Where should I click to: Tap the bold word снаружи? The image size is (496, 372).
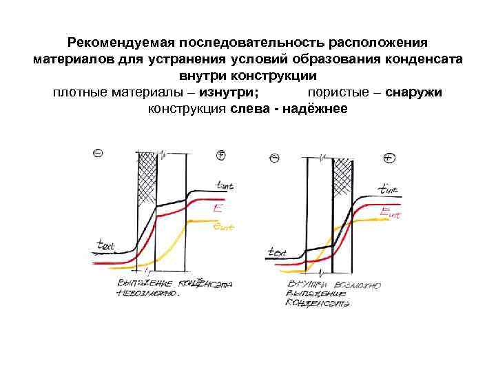point(414,92)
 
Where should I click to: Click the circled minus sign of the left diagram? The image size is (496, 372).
point(99,153)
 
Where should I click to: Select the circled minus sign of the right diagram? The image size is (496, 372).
point(275,158)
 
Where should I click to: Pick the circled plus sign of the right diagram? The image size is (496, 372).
point(390,158)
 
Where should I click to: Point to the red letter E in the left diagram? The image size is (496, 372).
point(217,206)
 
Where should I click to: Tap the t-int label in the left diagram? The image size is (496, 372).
point(225,185)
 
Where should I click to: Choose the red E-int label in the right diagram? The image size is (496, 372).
point(389,212)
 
